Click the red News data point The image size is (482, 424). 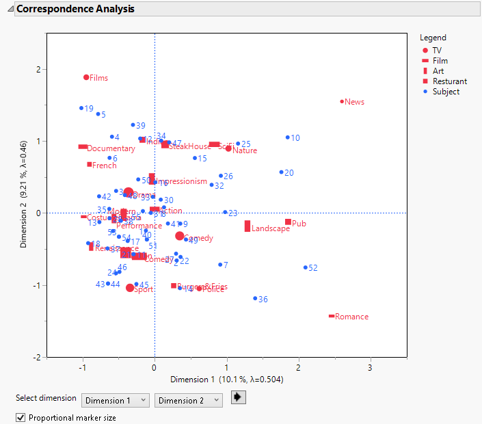pos(342,102)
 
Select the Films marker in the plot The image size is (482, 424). pos(86,77)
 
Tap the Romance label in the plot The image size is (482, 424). pos(351,317)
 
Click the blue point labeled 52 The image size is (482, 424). pos(305,267)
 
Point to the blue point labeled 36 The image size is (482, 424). pos(255,298)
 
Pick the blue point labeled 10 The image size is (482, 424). pos(288,137)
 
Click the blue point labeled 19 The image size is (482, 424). pos(81,108)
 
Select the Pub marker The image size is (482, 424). pos(289,222)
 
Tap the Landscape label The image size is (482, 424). pos(270,228)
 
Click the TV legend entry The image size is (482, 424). pos(437,51)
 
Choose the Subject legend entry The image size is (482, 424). pos(445,92)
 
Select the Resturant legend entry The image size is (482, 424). pos(449,81)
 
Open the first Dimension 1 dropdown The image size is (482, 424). pos(115,400)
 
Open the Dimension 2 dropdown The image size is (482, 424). pos(188,400)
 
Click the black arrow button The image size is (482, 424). pos(239,397)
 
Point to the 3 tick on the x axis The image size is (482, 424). pos(371,368)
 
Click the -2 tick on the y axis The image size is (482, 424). pos(37,357)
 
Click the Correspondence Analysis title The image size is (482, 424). pos(75,9)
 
